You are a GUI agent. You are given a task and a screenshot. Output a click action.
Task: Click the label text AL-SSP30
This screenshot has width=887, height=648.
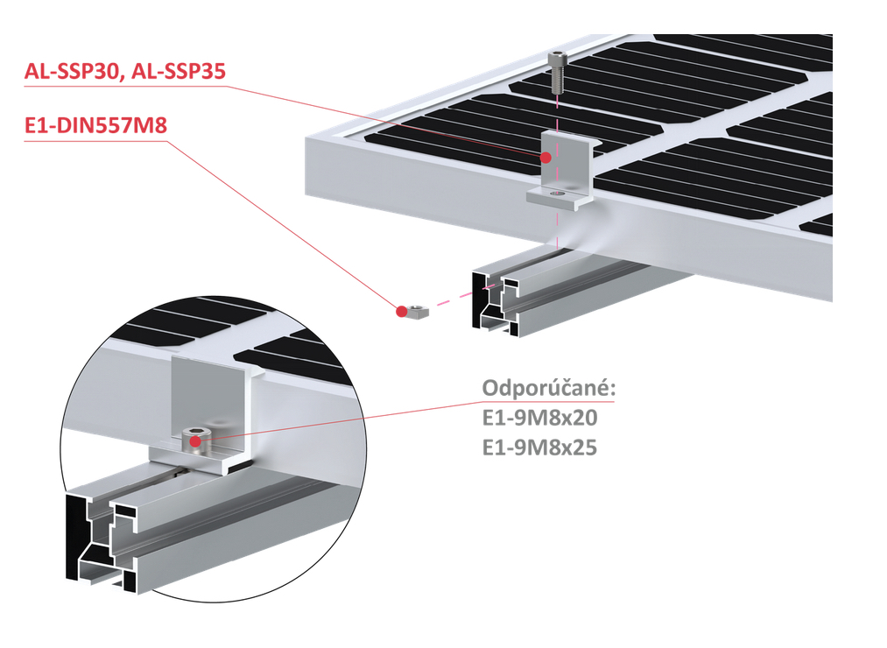(72, 73)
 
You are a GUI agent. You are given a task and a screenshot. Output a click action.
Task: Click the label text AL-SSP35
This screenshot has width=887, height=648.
(178, 73)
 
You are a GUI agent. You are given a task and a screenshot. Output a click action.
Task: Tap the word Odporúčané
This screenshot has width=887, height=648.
(548, 388)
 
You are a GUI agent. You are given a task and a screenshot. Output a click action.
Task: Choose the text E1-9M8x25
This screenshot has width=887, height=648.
(539, 447)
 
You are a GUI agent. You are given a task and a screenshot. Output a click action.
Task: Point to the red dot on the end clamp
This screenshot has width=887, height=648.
(546, 158)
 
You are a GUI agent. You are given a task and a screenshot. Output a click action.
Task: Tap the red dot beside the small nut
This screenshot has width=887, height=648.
(402, 311)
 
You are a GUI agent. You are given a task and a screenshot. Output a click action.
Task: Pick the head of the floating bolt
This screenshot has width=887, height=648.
(557, 58)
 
